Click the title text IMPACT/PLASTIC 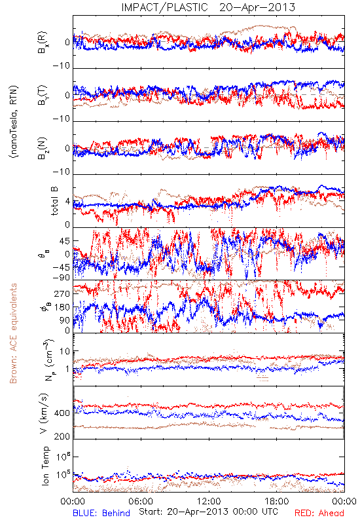[164, 7]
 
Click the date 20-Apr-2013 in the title [257, 7]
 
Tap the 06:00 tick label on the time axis [141, 501]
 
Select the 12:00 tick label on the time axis [209, 501]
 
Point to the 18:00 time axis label [277, 501]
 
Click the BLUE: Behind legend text [101, 513]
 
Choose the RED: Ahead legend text [319, 513]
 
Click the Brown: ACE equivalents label [13, 333]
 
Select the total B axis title [54, 201]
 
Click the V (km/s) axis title [44, 413]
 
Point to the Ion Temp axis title [45, 466]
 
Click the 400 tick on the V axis [62, 413]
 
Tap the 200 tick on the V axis [62, 436]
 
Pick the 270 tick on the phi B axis [62, 293]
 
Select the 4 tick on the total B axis [68, 202]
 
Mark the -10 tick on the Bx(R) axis [62, 65]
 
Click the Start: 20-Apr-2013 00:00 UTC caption [209, 512]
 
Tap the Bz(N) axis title [43, 148]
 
